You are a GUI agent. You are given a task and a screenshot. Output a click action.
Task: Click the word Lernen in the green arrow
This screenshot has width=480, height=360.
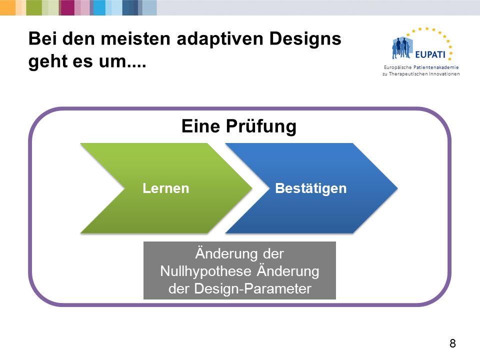point(166,188)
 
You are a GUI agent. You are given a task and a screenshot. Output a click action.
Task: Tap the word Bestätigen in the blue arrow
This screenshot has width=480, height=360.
point(310,188)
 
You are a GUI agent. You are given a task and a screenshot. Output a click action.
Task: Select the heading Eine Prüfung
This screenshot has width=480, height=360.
point(239,126)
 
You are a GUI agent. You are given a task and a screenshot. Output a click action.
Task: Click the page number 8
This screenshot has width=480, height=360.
point(453,343)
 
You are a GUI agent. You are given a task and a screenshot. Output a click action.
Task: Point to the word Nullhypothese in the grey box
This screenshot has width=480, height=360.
point(205,271)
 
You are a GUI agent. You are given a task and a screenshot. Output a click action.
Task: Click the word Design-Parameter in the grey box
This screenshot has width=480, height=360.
point(252,288)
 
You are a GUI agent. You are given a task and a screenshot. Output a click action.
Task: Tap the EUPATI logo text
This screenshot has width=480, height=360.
point(430,55)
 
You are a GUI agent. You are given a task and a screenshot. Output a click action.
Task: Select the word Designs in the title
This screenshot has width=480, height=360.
point(305,39)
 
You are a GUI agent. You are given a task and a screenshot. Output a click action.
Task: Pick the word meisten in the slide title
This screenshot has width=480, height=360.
point(135,39)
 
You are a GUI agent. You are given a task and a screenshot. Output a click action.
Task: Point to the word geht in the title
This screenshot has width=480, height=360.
point(47,61)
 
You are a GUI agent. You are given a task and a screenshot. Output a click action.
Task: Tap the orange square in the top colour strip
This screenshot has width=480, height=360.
point(7,7)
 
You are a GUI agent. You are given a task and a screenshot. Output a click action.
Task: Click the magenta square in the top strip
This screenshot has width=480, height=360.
point(67,7)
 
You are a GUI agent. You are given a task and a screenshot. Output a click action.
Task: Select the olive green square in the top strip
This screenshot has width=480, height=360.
point(34,7)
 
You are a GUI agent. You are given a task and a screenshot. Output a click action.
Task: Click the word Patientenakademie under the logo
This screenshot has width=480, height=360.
point(436,67)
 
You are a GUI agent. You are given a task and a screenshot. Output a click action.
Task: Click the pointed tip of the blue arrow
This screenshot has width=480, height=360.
point(397,188)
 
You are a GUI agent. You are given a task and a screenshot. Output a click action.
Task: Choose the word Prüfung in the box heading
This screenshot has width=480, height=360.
point(261,126)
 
